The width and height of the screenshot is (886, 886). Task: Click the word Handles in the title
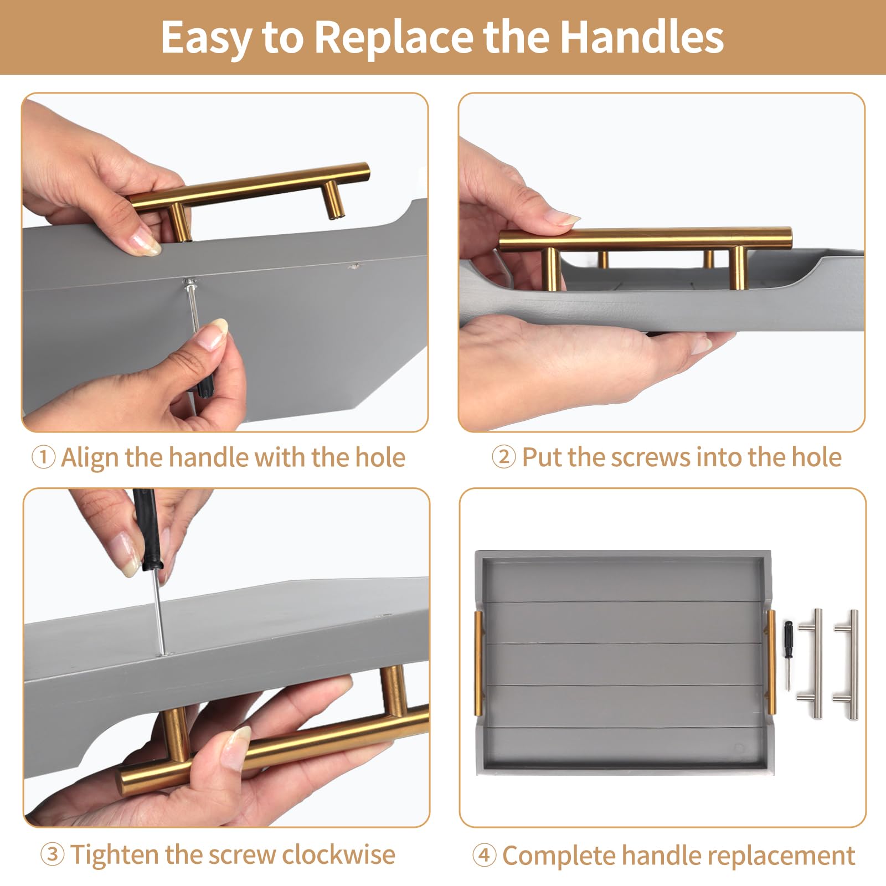tap(641, 38)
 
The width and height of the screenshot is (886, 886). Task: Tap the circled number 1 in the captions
tap(43, 458)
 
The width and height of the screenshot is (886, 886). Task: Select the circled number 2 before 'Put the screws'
tap(504, 458)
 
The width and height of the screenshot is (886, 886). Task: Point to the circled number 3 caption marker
tap(52, 854)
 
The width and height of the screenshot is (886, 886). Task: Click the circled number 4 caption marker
tap(484, 856)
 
